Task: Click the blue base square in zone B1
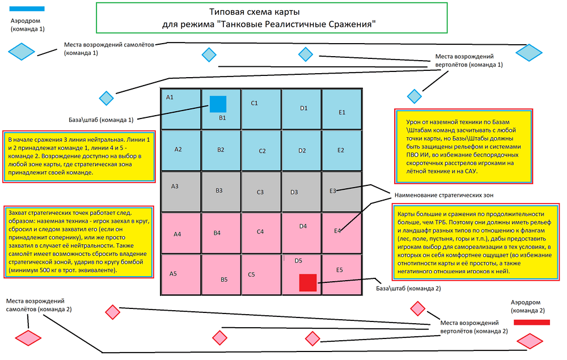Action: click(218, 104)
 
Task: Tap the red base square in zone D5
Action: click(307, 282)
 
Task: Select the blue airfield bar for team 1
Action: click(28, 9)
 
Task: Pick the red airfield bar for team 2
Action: click(531, 323)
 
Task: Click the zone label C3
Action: click(260, 192)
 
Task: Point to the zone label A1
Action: click(170, 98)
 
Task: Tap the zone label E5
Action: click(340, 270)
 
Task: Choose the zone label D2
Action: click(302, 151)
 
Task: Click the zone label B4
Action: click(217, 233)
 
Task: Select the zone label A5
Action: click(174, 274)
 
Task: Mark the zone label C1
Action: click(255, 103)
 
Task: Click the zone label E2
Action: click(340, 150)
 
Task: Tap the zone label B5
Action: click(224, 279)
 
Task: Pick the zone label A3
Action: click(175, 186)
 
